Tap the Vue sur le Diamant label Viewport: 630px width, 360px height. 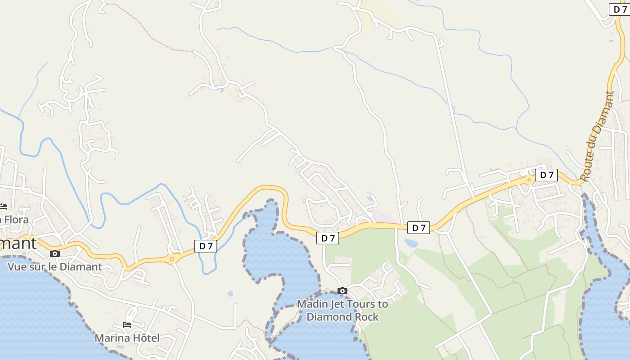point(55,266)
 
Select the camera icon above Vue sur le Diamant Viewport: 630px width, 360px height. point(55,254)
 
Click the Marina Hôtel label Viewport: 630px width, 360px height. point(127,338)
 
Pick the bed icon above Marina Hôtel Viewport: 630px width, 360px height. point(127,324)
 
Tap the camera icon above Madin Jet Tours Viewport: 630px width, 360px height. point(342,291)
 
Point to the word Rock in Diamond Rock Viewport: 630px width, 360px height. point(367,317)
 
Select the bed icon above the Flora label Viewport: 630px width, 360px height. point(4,207)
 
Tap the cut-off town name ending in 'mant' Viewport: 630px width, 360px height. point(18,243)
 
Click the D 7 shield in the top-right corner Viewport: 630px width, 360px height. point(619,9)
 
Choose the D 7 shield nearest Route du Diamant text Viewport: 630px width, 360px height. point(546,175)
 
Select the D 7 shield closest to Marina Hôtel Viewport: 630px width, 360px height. point(206,246)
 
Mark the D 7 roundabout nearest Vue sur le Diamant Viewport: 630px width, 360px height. point(172,259)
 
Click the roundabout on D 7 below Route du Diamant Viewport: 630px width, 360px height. point(530,180)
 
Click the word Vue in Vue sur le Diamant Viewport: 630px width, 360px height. point(16,266)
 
